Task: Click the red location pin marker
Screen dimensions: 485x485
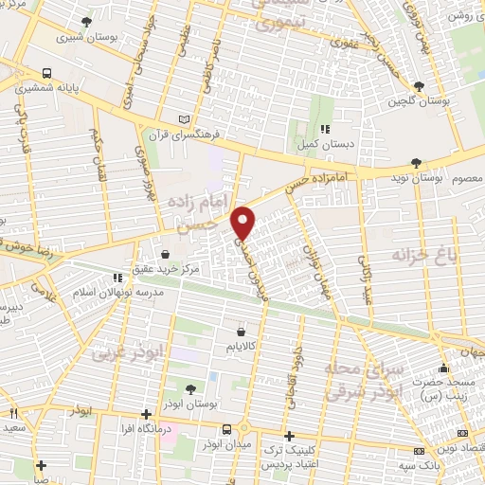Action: [245, 222]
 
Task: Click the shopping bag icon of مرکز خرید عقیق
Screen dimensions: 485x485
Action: [167, 254]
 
